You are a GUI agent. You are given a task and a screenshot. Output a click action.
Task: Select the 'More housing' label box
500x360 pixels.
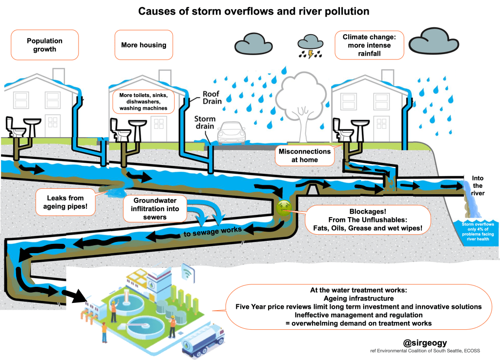click(x=144, y=45)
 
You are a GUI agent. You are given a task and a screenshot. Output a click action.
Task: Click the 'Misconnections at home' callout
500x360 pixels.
click(x=305, y=156)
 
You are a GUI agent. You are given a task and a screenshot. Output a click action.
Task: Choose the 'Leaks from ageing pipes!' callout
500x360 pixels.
click(x=65, y=202)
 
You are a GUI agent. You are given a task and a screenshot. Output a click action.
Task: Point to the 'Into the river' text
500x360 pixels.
click(x=478, y=185)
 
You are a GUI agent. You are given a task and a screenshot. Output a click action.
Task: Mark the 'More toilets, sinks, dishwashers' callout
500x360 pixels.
click(x=144, y=101)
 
